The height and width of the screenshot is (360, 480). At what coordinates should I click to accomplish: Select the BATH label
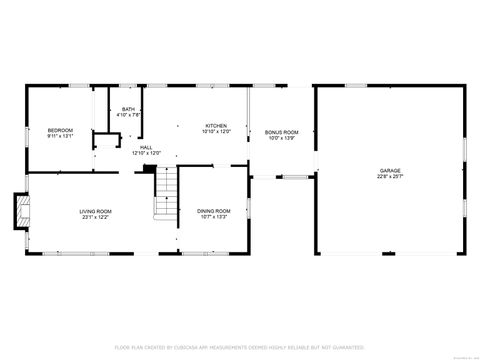pos(129,109)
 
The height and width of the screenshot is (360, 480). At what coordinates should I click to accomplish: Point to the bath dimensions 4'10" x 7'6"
pos(129,115)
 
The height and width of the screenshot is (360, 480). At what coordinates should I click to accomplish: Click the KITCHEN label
pos(217,125)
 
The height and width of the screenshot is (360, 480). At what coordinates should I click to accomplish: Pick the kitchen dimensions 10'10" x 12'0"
pos(217,131)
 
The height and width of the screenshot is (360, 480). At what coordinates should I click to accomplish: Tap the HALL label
pos(146,147)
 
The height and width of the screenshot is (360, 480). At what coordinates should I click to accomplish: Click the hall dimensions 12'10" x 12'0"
pos(146,153)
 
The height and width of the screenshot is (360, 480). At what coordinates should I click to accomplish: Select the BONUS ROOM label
pos(282,132)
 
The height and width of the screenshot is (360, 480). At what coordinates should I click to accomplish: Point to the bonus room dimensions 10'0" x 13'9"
pos(282,138)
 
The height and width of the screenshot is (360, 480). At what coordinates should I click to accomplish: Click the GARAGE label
pos(390,171)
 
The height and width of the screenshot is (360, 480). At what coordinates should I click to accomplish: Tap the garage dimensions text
pos(390,177)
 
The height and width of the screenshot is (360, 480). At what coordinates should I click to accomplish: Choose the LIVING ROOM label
pos(96,211)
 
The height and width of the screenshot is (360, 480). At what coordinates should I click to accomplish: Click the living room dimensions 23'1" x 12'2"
pos(96,217)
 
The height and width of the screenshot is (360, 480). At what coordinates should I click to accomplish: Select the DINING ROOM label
pos(214,211)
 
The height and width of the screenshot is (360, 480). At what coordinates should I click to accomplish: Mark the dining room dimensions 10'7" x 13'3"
pos(214,217)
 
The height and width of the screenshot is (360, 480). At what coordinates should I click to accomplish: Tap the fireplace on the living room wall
pos(20,209)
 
